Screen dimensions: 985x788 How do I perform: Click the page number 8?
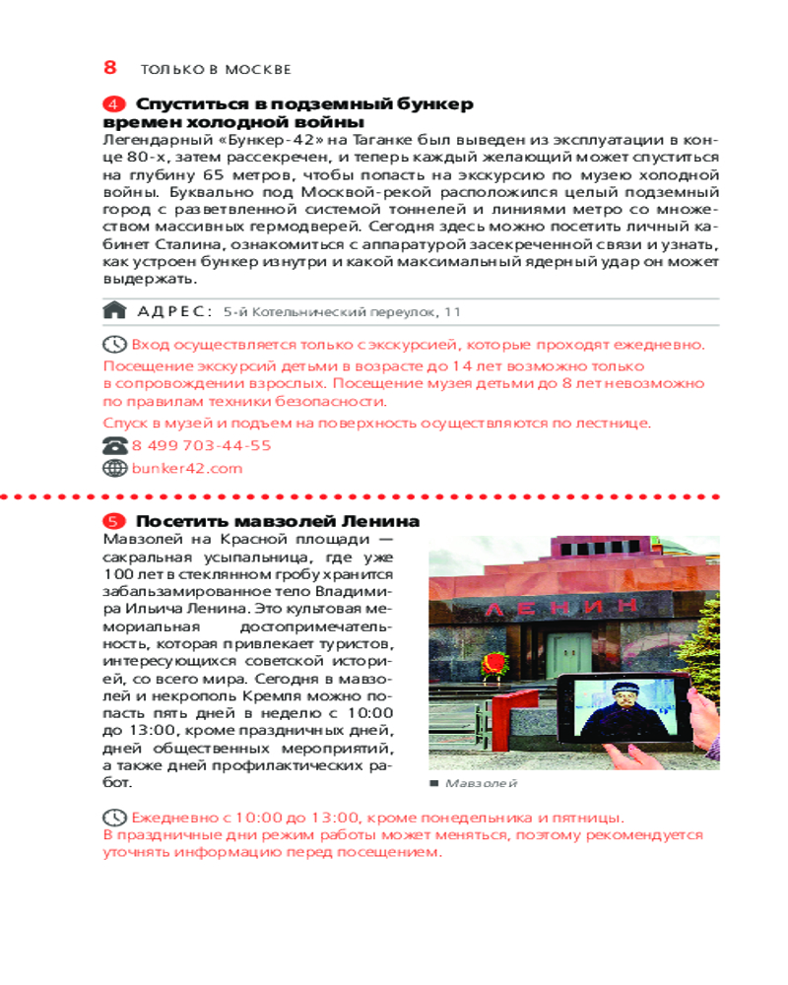[110, 68]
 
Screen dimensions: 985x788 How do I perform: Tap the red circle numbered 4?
[114, 104]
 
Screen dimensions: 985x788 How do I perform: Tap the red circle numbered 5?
[114, 521]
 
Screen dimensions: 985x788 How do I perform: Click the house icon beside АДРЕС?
[115, 311]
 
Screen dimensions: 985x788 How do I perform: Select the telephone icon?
[115, 446]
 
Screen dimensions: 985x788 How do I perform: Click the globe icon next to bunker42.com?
[115, 469]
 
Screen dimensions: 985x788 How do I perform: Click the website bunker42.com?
[187, 469]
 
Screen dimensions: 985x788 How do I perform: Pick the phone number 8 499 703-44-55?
[201, 446]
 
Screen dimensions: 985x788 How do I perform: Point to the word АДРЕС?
[175, 311]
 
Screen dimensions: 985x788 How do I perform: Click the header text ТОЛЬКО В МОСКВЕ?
[216, 70]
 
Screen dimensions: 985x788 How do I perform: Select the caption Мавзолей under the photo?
[480, 783]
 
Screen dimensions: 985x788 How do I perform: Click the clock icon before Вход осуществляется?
[115, 345]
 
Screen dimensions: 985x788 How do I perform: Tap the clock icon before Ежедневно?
[115, 818]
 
